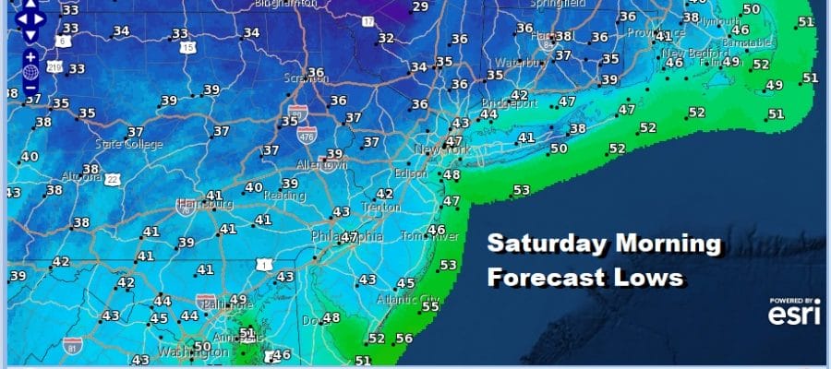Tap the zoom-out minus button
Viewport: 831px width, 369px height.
[30, 89]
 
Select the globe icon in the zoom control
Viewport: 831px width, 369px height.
[30, 73]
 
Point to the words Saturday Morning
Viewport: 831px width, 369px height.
[603, 244]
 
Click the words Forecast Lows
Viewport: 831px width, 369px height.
[584, 276]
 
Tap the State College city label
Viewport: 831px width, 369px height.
[128, 145]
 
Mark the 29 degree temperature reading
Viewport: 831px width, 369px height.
[420, 7]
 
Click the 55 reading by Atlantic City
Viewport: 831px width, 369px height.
[429, 305]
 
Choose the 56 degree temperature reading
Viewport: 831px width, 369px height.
[403, 339]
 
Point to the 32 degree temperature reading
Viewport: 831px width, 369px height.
[386, 39]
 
